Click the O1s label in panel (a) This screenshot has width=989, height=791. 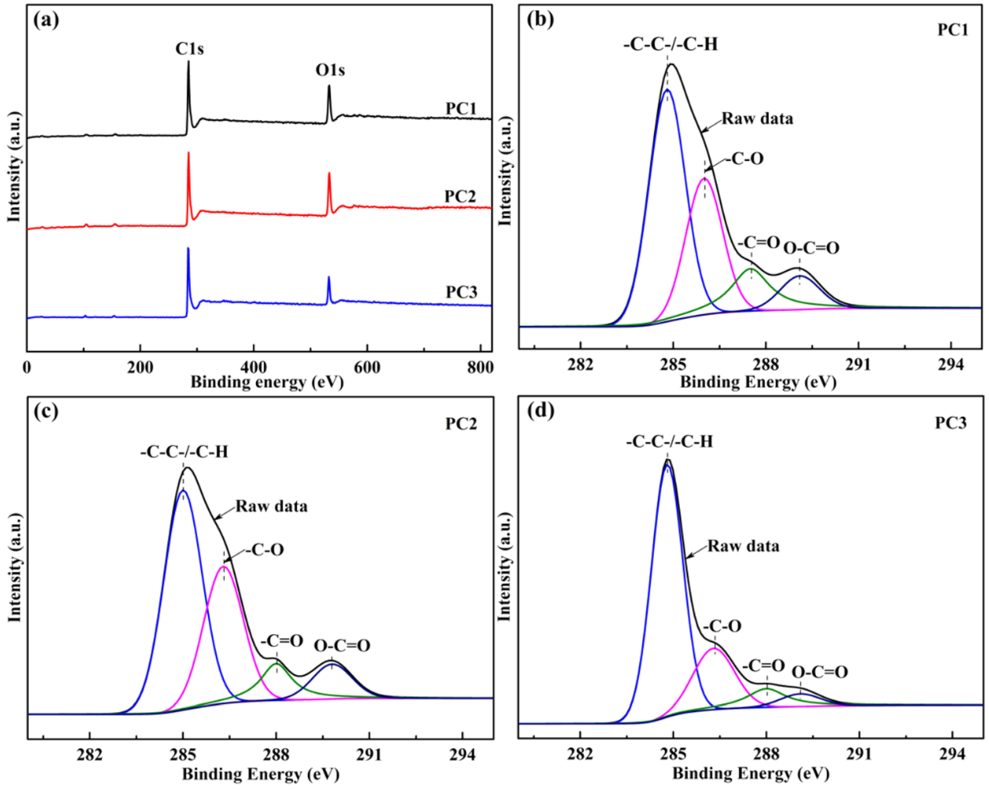coord(330,70)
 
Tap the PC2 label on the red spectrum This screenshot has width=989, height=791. coord(460,196)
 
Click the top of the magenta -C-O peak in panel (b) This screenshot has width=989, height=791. coord(705,179)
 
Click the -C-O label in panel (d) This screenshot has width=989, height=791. coord(722,626)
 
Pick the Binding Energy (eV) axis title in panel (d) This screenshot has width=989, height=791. coord(751,774)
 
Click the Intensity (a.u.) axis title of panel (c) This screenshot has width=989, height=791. coord(15,568)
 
